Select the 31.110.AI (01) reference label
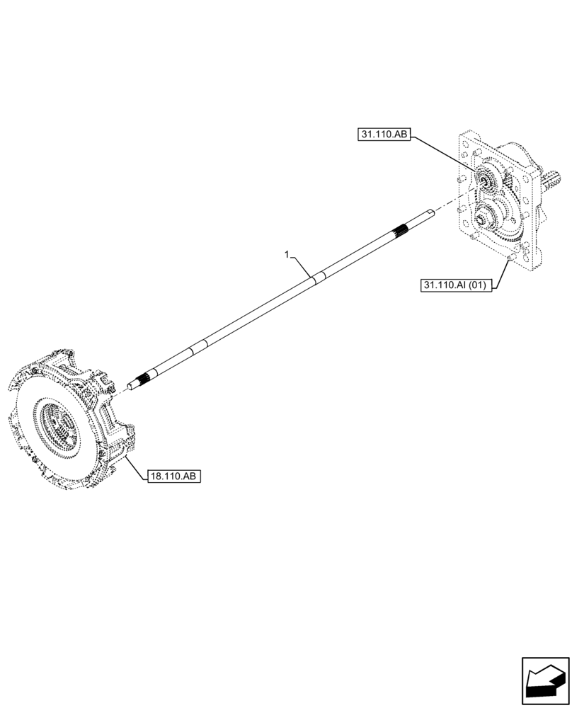(454, 285)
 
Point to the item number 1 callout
(287, 253)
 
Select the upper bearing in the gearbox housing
(488, 181)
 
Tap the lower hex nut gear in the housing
(484, 223)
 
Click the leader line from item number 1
(302, 266)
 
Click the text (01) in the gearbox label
(477, 285)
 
